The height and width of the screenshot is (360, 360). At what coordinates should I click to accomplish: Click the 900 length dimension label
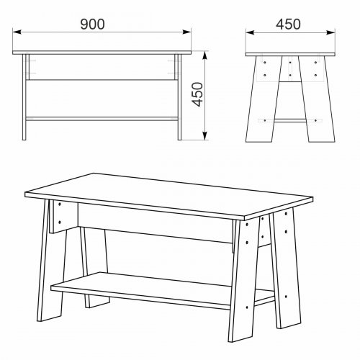[92, 24]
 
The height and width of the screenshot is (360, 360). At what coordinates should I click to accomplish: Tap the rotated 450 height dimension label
[198, 94]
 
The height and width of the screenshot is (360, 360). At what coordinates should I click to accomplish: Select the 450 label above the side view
[288, 24]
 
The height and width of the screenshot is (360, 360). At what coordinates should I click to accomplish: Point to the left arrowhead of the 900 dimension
[17, 32]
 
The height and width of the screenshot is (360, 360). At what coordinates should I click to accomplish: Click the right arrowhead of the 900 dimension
[186, 32]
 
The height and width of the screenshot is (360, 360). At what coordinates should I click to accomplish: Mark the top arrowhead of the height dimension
[204, 55]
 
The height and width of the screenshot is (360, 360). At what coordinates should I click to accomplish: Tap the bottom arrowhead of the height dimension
[204, 135]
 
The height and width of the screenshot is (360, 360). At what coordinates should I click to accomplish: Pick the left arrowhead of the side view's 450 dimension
[250, 32]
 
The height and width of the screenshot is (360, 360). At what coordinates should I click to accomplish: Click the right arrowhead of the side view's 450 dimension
[330, 32]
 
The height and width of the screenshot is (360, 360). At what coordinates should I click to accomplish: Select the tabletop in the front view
[102, 53]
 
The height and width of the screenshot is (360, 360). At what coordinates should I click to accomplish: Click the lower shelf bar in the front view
[102, 119]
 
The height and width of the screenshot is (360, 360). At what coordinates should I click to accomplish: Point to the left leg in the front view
[24, 97]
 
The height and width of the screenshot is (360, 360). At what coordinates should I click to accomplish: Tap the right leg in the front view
[179, 97]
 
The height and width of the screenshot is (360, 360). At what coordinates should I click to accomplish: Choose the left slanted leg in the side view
[264, 99]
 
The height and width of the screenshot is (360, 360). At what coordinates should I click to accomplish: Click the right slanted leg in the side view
[317, 99]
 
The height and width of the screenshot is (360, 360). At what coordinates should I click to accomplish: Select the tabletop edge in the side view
[290, 54]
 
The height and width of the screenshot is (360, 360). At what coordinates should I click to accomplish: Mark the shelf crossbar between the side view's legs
[290, 120]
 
